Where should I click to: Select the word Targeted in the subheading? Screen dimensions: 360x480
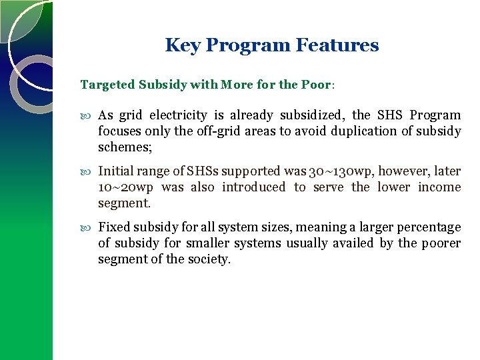pos(107,85)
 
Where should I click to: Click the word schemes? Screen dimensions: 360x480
pos(124,147)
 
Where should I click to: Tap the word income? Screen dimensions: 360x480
pos(439,187)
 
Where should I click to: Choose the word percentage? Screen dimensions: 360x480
pos(426,227)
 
